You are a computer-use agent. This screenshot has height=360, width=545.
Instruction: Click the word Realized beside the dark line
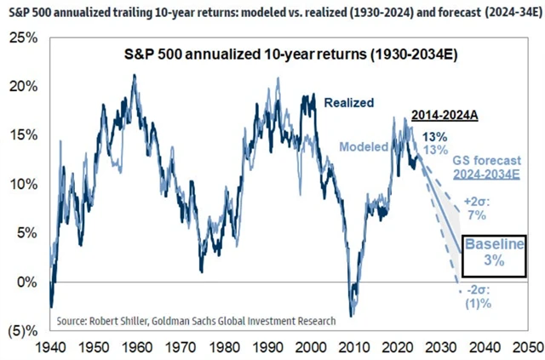point(349,102)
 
